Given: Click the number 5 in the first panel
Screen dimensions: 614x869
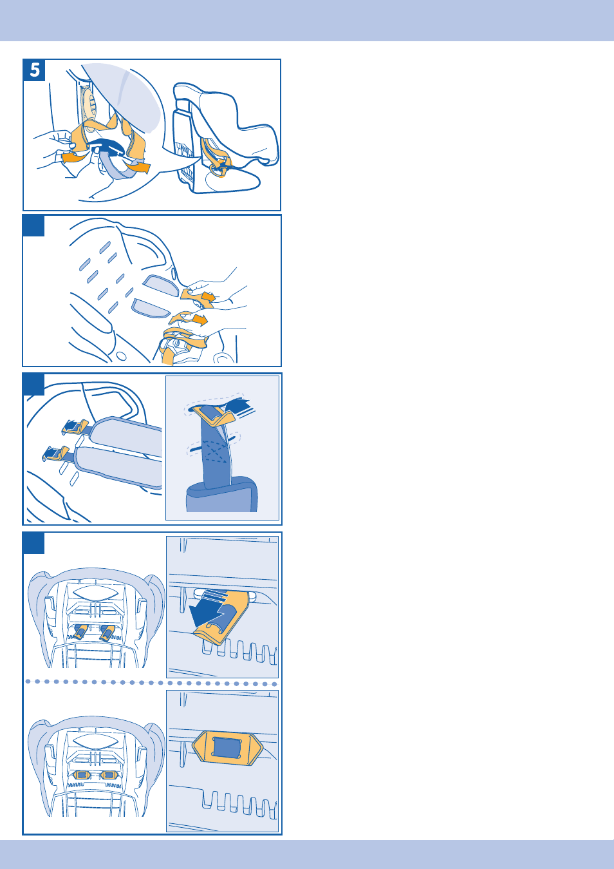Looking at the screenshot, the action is (35, 70).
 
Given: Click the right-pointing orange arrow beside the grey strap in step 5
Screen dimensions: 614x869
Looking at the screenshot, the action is (140, 167).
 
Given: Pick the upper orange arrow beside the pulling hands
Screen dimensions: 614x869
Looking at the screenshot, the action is (208, 298).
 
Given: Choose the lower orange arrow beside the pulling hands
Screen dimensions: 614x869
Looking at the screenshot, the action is (200, 320).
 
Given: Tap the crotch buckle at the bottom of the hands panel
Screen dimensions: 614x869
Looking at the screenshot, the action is (178, 346).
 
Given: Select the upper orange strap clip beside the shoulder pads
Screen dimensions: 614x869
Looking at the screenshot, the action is (75, 426).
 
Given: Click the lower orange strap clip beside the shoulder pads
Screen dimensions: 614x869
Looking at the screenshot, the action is (55, 454).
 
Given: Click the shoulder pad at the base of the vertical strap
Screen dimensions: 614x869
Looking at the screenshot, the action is (221, 494).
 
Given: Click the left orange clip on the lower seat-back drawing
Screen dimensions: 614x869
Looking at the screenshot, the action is (82, 775).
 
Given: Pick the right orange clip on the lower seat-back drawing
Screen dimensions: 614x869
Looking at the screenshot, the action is (108, 775).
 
